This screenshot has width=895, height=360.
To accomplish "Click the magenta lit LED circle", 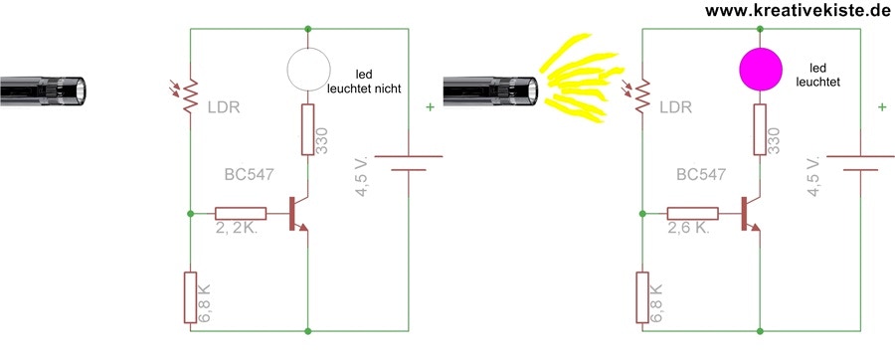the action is pyautogui.click(x=761, y=69).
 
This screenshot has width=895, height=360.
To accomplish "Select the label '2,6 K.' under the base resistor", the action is pyautogui.click(x=688, y=229).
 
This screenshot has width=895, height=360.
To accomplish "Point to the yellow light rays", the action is pyautogui.click(x=580, y=77).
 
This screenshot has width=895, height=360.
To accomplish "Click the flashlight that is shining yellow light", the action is pyautogui.click(x=491, y=90).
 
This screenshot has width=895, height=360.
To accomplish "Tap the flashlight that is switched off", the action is pyautogui.click(x=44, y=90).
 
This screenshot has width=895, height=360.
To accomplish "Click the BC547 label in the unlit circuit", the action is pyautogui.click(x=250, y=175).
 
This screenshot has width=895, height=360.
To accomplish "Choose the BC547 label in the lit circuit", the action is pyautogui.click(x=701, y=174).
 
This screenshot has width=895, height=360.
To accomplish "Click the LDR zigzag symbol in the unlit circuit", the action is pyautogui.click(x=190, y=95).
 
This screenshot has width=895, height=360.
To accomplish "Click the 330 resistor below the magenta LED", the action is pyautogui.click(x=761, y=129).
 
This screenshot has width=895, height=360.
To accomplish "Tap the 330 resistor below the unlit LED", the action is pyautogui.click(x=308, y=129).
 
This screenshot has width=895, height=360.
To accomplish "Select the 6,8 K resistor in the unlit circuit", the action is pyautogui.click(x=190, y=297).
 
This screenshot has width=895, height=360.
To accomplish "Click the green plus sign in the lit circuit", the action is pyautogui.click(x=882, y=106).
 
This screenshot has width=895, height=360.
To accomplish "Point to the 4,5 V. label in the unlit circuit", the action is pyautogui.click(x=362, y=176).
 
